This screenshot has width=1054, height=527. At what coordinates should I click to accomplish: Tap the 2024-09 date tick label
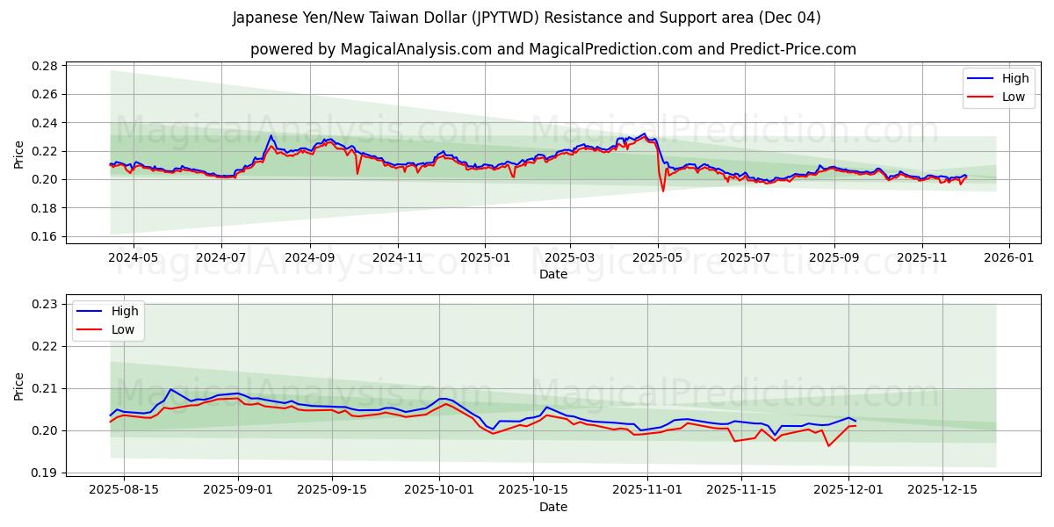(x=310, y=258)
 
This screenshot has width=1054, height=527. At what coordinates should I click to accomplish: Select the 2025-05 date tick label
(x=658, y=258)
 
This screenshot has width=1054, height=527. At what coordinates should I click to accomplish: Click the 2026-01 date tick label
(x=1008, y=258)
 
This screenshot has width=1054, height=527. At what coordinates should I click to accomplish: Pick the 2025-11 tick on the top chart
(x=922, y=258)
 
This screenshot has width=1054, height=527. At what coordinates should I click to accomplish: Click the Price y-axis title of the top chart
(x=19, y=155)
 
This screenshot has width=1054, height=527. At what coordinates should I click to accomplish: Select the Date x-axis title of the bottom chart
(x=553, y=507)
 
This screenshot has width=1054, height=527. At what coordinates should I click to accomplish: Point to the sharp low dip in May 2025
(x=663, y=191)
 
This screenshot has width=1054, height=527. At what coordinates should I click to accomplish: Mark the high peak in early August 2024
(x=271, y=136)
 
